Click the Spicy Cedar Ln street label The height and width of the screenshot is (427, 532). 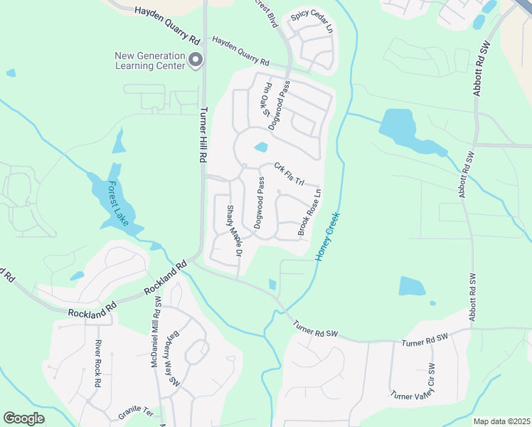pos(312,26)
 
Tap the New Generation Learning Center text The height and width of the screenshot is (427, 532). pos(151,60)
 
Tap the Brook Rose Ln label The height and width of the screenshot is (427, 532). pos(309,211)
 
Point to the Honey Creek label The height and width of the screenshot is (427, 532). pos(328,235)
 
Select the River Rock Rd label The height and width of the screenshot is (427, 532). pos(98,363)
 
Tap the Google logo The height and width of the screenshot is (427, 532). pos(24,418)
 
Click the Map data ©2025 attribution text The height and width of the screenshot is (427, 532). pos(501,421)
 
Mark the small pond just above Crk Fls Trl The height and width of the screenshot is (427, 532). pos(260,147)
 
